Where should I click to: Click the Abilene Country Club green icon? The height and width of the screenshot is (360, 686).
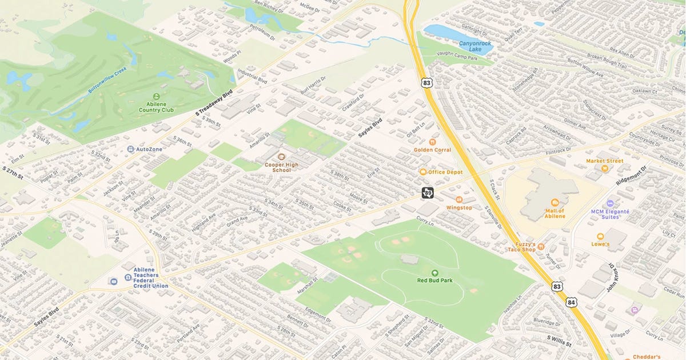[x=157, y=97]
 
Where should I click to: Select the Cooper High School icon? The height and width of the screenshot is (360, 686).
[x=281, y=156]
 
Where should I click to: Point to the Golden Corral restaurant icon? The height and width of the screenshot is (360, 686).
[x=432, y=141]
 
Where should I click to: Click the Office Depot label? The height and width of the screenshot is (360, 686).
[x=445, y=171]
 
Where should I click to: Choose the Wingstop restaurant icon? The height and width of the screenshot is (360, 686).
[x=459, y=199]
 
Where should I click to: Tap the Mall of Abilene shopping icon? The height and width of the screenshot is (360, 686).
[x=554, y=202]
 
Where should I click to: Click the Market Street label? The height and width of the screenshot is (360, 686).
[x=604, y=161]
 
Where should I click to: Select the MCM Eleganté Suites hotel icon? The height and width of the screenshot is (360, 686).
[x=610, y=203]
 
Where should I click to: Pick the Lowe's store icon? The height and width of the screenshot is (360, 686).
[x=600, y=236]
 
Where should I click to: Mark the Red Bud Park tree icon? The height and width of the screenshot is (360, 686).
[x=434, y=273]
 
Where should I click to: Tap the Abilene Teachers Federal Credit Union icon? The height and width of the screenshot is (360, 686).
[x=113, y=281]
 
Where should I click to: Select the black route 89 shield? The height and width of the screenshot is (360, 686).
[x=428, y=193]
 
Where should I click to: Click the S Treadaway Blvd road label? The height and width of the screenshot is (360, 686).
[x=215, y=104]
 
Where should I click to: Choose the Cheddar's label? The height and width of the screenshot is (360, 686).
[x=647, y=356]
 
